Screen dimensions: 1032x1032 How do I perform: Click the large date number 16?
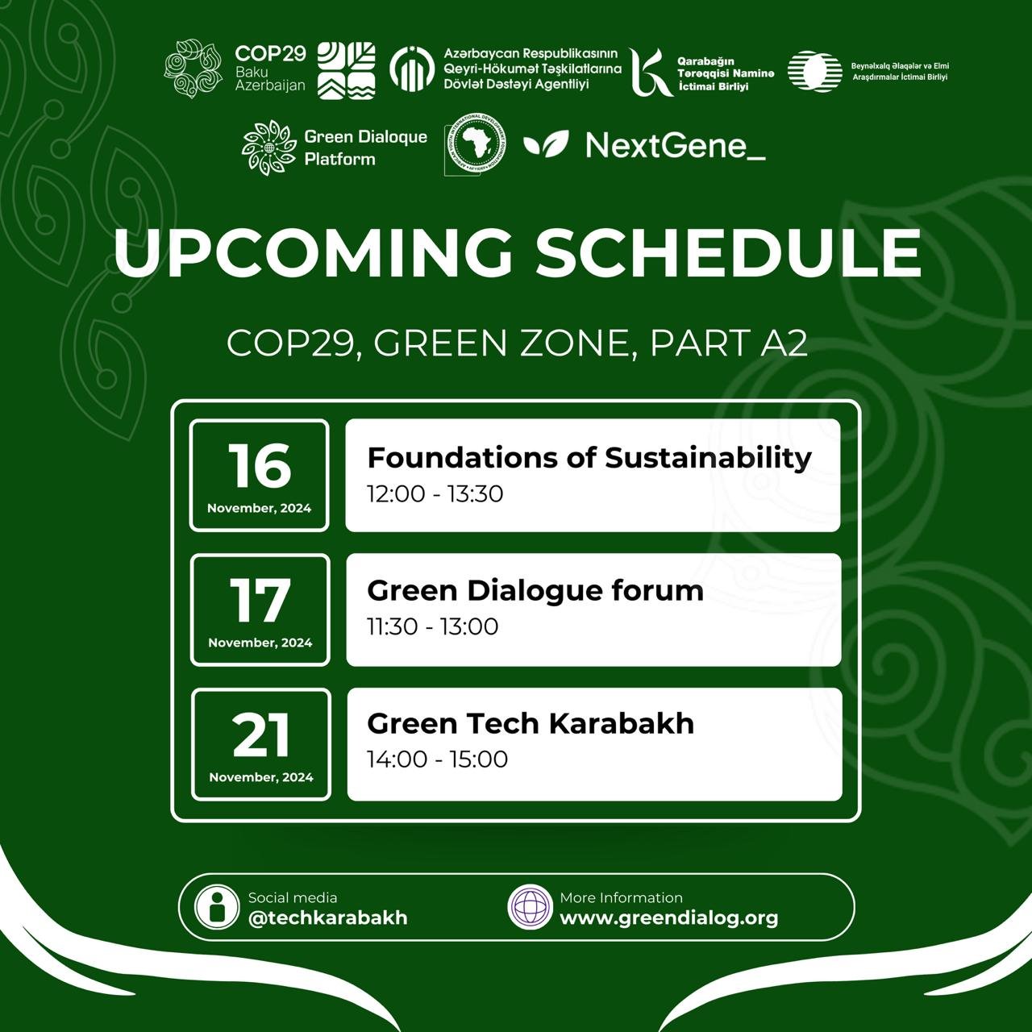[259, 465]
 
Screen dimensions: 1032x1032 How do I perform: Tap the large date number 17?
[260, 601]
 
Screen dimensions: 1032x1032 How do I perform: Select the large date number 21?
[260, 734]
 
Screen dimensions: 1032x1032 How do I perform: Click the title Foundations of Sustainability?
[589, 457]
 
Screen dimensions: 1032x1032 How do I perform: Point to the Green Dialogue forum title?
[535, 590]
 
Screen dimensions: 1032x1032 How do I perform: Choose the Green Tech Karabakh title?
[530, 723]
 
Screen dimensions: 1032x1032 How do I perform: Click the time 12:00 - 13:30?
[435, 493]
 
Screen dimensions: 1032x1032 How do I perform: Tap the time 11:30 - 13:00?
[432, 626]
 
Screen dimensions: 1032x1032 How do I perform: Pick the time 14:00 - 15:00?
[437, 759]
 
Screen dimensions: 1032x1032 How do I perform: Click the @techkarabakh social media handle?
[327, 918]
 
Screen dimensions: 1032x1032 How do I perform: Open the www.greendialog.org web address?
[668, 918]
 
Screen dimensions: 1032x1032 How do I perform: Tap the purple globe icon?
[530, 907]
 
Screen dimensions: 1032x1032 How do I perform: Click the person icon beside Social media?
[217, 907]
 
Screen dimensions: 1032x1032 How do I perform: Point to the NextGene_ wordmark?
[675, 146]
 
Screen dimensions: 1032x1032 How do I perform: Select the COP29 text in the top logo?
[270, 54]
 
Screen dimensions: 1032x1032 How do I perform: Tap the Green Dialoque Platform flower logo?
[269, 148]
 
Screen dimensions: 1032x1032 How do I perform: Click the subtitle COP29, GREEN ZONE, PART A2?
[517, 343]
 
